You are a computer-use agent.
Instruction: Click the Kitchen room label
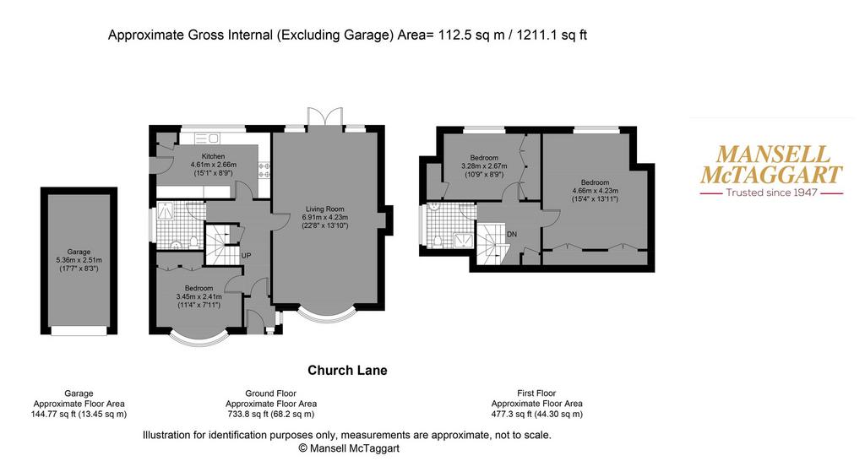[x=213, y=156]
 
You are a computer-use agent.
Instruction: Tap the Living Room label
[x=325, y=209]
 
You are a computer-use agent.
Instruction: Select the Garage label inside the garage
[x=79, y=252]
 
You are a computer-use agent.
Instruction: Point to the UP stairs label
[x=246, y=256]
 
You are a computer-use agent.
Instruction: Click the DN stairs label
[x=511, y=234]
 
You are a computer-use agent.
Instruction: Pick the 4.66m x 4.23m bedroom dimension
[x=595, y=191]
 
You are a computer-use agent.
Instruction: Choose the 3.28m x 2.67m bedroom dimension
[x=484, y=166]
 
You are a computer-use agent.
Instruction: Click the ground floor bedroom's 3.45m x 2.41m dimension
[x=199, y=296]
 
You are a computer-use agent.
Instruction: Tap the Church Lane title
[x=347, y=371]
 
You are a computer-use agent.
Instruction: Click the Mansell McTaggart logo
[x=771, y=171]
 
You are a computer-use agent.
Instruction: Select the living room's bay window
[x=325, y=314]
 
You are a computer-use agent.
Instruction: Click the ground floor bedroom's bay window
[x=199, y=339]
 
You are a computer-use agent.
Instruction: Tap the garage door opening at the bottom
[x=79, y=330]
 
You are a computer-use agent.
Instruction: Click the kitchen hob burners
[x=264, y=169]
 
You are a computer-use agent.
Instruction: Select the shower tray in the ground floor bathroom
[x=166, y=210]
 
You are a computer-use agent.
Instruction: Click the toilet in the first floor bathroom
[x=438, y=241]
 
